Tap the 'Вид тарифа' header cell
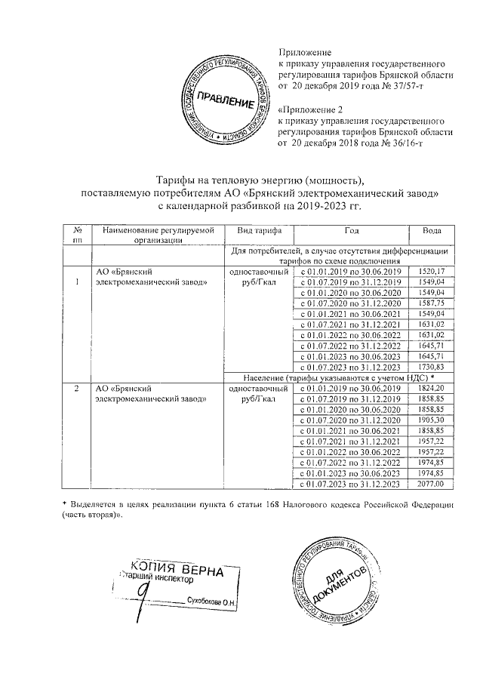(259, 230)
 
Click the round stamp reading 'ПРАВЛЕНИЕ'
(226, 100)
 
